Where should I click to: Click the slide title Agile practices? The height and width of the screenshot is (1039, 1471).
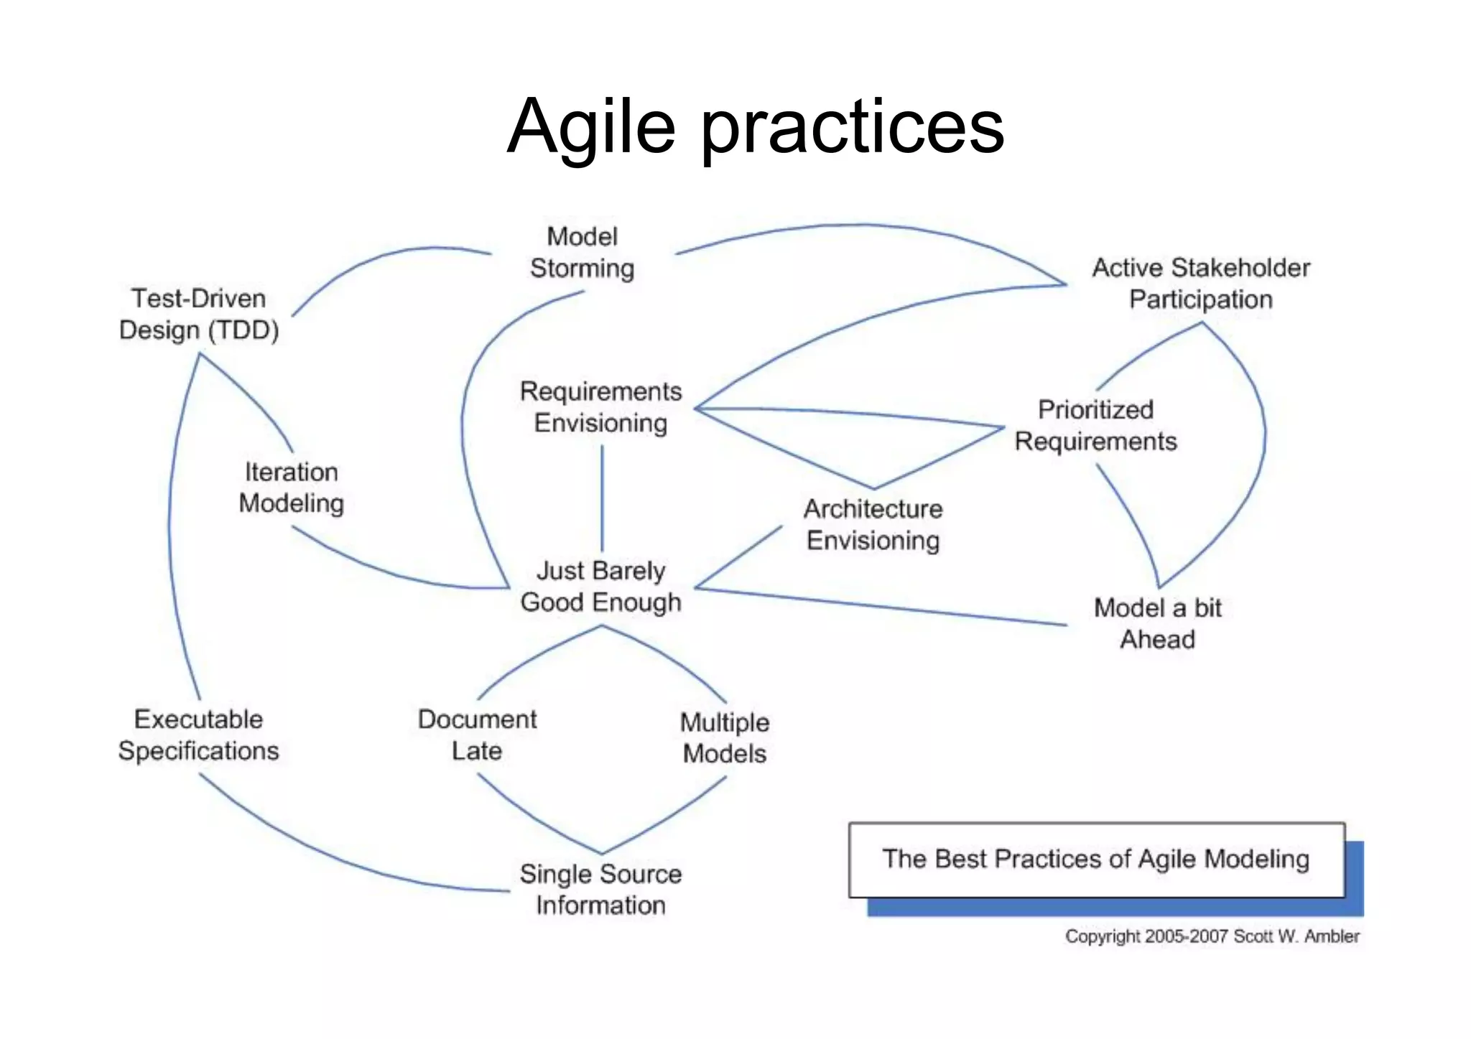point(755,126)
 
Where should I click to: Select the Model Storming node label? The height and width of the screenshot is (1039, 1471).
point(583,253)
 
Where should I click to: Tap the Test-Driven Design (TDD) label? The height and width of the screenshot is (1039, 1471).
point(199,315)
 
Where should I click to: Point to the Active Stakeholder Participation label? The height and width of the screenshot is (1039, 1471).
point(1201,284)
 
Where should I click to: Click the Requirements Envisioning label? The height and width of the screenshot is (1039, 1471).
point(600,407)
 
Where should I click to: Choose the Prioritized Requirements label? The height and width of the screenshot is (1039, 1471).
point(1095,425)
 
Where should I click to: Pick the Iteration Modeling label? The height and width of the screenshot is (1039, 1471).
point(291,488)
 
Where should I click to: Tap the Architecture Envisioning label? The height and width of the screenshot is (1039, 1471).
point(873,524)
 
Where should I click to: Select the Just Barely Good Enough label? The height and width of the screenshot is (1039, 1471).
point(600,587)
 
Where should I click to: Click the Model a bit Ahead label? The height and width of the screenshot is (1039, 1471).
point(1157,623)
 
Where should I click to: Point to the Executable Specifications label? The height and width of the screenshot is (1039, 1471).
point(198,735)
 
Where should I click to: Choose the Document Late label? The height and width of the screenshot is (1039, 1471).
point(477,735)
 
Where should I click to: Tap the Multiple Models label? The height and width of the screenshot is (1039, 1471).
point(725,737)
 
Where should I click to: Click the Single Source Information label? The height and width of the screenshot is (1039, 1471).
point(600,889)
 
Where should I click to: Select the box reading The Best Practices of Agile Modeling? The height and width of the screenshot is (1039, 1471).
point(1096,859)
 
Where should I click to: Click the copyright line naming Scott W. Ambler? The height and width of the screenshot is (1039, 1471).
point(1212,936)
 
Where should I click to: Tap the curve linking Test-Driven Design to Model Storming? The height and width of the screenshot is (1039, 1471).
point(381,258)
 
